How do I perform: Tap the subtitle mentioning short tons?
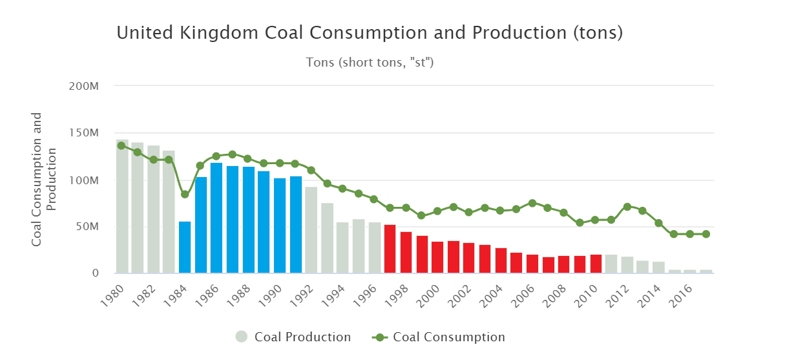coord(370,63)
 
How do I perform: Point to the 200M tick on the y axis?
coord(87,86)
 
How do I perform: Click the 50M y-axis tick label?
coord(89,227)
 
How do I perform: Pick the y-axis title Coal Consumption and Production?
coord(45,179)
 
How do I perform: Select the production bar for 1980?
coord(122,207)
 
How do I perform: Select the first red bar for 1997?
coord(390,249)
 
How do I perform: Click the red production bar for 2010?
coord(596,264)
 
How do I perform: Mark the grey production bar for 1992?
coord(311,230)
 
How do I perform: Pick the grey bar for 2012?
coord(627,265)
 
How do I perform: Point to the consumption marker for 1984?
coord(185,194)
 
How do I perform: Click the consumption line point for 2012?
coord(627,207)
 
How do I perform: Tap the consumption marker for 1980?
coord(121,145)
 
